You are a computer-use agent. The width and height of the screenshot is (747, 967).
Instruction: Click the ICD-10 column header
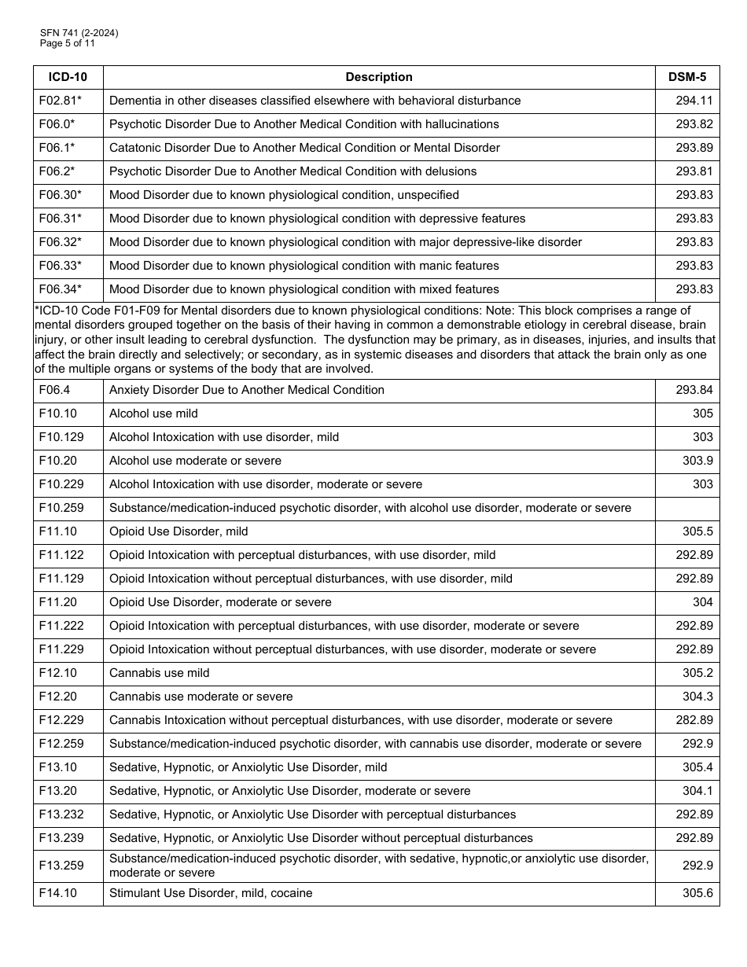coord(68,77)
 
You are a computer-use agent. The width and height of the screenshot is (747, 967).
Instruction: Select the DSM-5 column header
coord(686,77)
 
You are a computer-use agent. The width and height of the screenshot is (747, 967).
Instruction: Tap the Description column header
coord(379,77)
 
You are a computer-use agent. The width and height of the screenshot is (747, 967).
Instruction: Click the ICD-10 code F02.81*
coord(60,101)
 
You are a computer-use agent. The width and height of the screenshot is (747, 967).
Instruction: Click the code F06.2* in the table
coord(57,171)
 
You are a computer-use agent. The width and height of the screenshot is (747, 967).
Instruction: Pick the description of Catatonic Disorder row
coord(304,148)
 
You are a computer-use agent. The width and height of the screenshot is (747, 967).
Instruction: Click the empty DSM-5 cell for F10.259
coord(686,508)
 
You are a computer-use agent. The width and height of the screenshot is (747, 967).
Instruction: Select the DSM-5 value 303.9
coord(697,461)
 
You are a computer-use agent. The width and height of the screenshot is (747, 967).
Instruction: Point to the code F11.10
coord(57,531)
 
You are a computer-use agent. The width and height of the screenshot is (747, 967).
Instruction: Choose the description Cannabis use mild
coord(159,673)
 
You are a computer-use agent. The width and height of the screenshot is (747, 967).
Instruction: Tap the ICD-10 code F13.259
coord(61,866)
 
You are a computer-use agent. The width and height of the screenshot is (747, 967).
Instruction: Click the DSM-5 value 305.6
coord(697,893)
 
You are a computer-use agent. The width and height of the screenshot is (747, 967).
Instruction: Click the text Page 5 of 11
coord(67,43)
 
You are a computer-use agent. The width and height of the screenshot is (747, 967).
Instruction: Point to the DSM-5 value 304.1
coord(697,791)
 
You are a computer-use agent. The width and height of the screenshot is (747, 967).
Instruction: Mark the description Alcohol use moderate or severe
coord(195,461)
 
